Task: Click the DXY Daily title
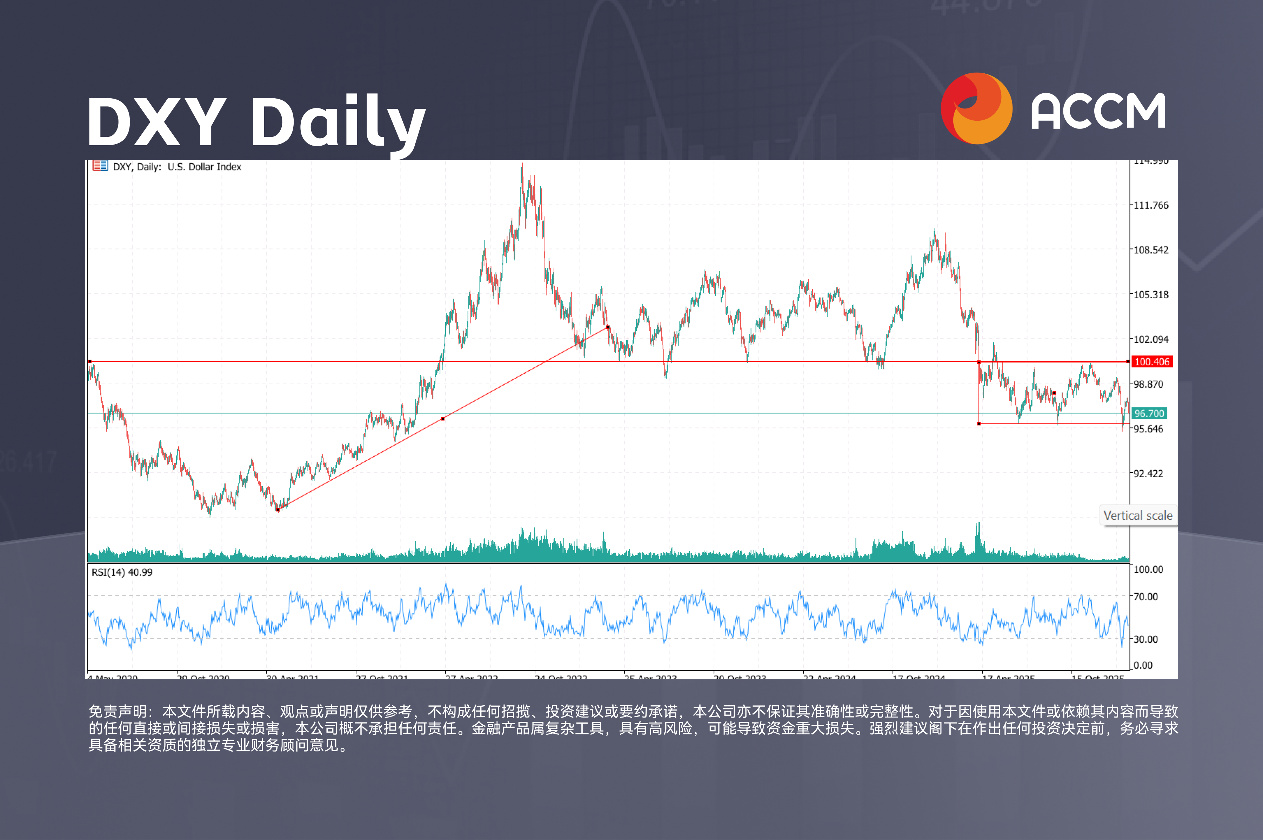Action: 256,122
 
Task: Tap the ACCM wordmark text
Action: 1098,112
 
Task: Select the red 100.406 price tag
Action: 1151,362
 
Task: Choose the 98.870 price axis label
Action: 1148,384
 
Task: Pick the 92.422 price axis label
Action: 1148,474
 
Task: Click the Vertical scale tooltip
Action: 1138,515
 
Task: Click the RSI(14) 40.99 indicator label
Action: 122,572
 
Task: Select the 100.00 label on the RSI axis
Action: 1148,569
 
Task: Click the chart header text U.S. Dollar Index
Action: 204,167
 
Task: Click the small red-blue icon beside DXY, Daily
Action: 100,166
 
